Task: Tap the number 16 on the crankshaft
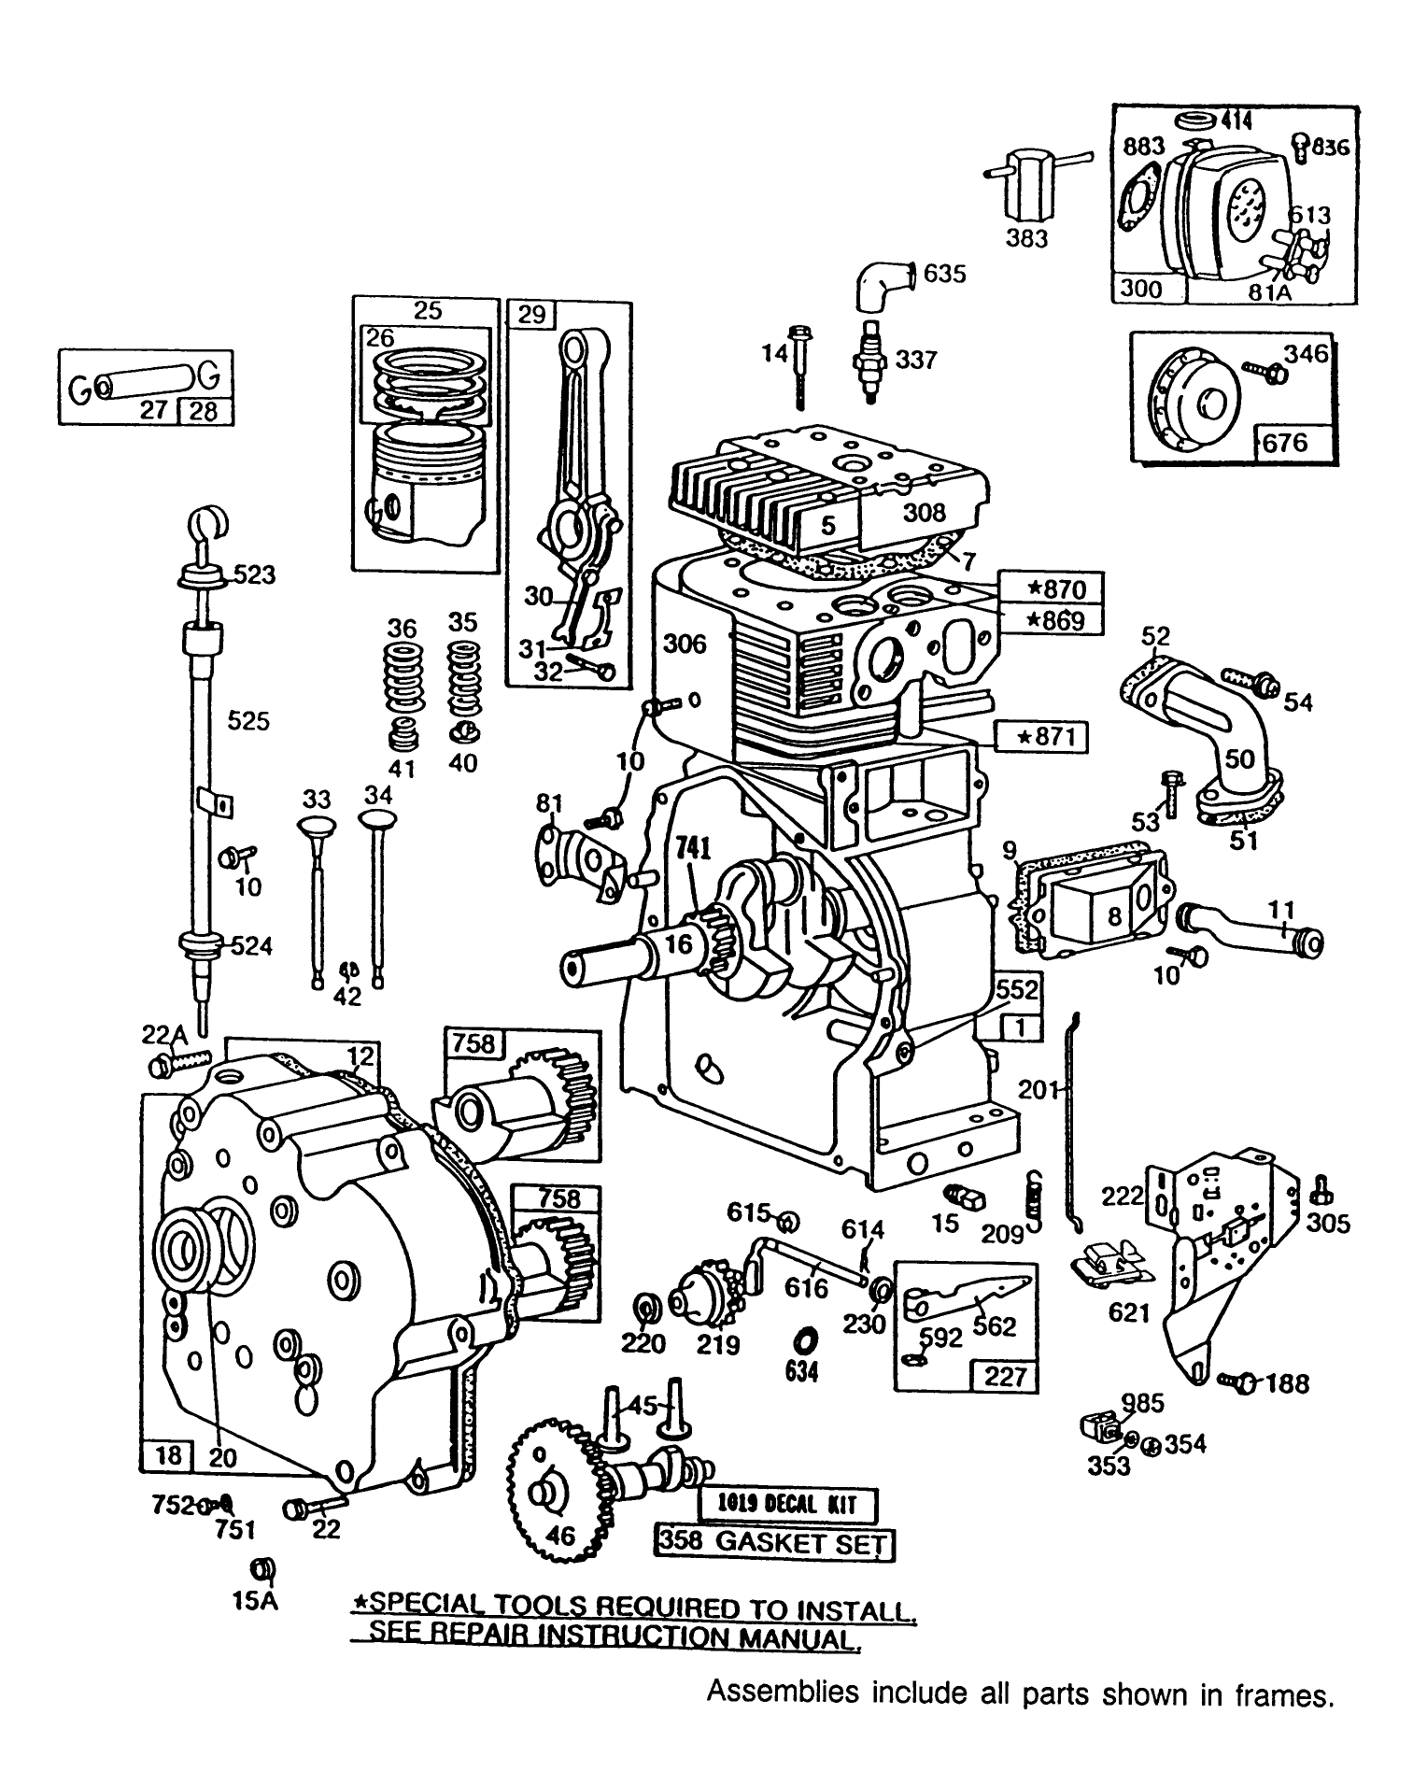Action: (x=679, y=944)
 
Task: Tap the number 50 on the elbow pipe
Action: (x=1240, y=758)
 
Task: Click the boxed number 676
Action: (x=1285, y=441)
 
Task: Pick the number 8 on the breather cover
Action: (x=1113, y=916)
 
